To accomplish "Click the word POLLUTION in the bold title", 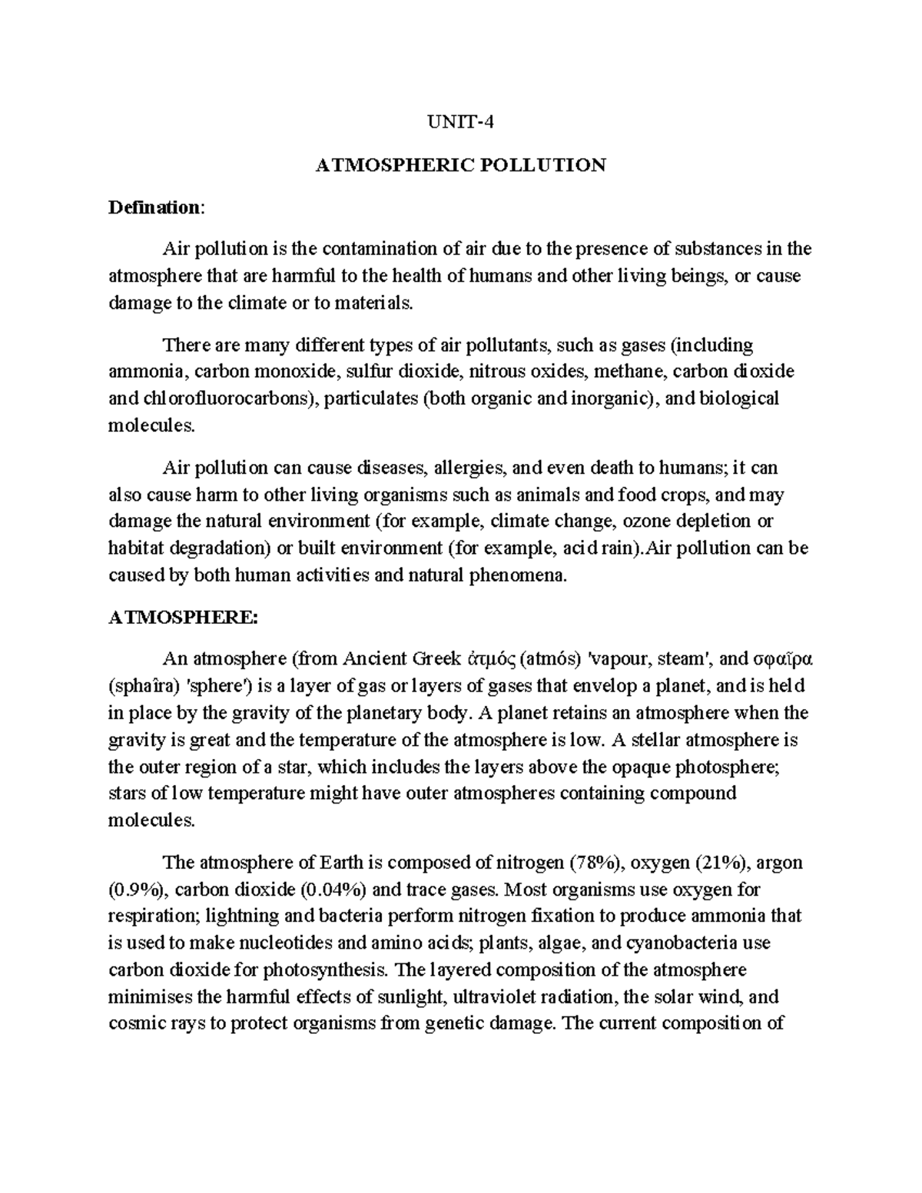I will (541, 164).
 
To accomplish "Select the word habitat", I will (132, 548).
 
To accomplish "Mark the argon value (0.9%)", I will (135, 889).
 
